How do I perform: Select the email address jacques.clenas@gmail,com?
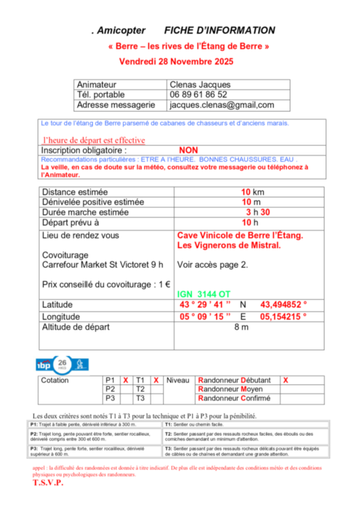click(221, 105)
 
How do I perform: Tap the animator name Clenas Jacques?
click(199, 85)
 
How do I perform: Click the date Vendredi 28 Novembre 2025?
click(175, 61)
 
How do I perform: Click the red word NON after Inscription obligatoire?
click(189, 151)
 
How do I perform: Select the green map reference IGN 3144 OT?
click(204, 294)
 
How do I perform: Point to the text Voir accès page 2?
click(212, 264)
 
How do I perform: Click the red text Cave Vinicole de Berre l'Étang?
click(240, 236)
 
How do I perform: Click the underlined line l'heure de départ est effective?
click(94, 141)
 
